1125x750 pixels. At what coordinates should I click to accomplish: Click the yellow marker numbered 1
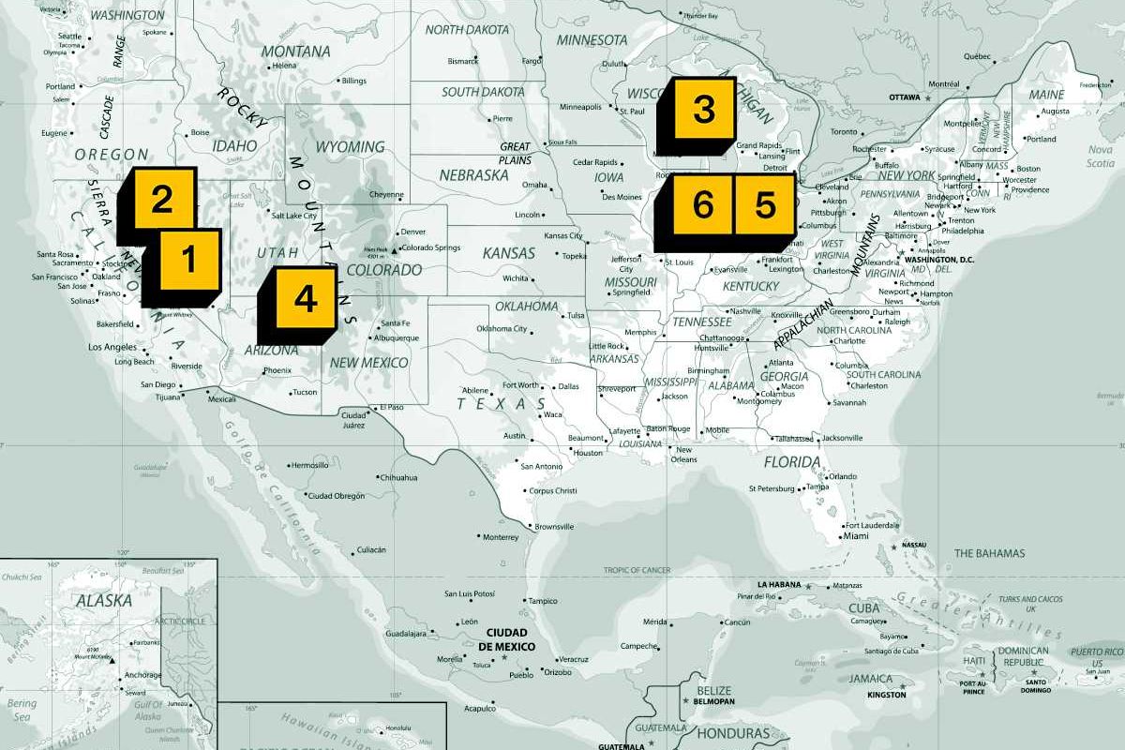pyautogui.click(x=188, y=259)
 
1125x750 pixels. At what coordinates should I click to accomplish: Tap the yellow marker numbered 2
pyautogui.click(x=161, y=199)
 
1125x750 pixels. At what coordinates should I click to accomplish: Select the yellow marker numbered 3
pyautogui.click(x=703, y=109)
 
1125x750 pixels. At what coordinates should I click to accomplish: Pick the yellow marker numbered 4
pyautogui.click(x=305, y=299)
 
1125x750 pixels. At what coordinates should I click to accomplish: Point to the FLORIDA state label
pyautogui.click(x=792, y=462)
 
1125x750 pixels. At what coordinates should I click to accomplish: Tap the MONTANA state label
pyautogui.click(x=295, y=51)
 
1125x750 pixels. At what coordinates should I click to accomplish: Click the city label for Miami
pyautogui.click(x=855, y=536)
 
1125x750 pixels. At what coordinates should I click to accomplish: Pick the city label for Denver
pyautogui.click(x=412, y=232)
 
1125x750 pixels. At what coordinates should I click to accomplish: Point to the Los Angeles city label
pyautogui.click(x=112, y=347)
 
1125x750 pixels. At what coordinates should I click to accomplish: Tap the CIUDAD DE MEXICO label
pyautogui.click(x=506, y=639)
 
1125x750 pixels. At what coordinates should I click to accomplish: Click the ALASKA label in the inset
pyautogui.click(x=104, y=601)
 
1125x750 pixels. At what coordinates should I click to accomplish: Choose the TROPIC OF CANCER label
pyautogui.click(x=637, y=570)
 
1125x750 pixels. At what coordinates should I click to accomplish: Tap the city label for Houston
pyautogui.click(x=588, y=453)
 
